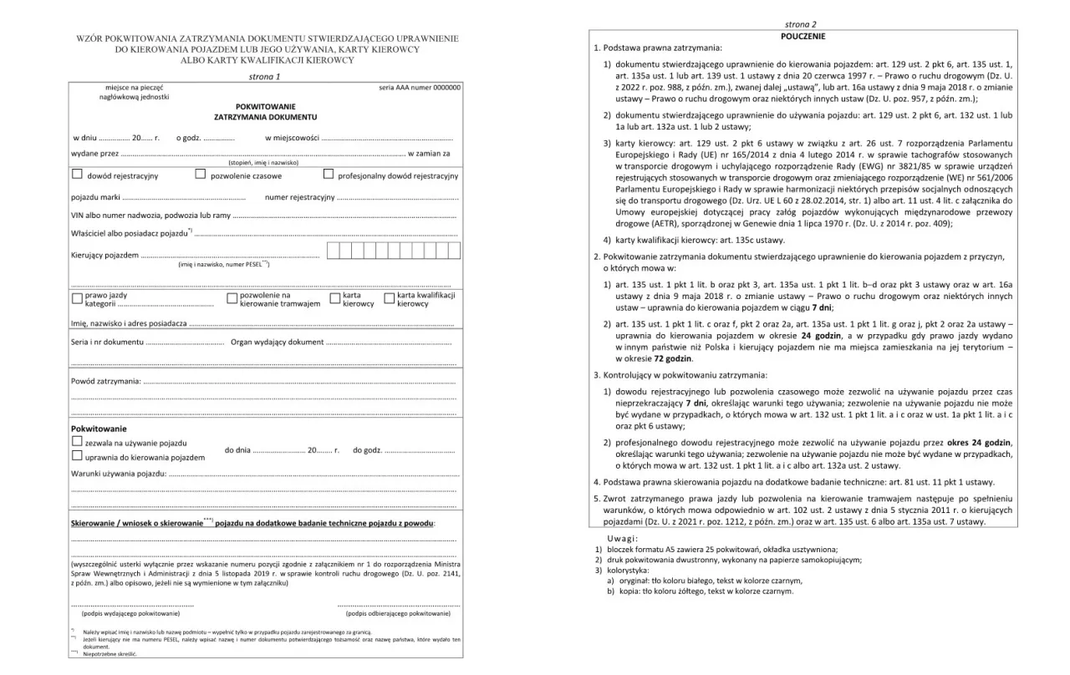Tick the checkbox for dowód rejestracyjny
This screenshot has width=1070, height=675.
point(77,175)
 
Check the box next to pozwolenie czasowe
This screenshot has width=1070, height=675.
point(201,175)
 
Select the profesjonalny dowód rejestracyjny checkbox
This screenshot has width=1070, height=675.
point(329,175)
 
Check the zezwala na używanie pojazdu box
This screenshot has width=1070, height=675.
point(77,441)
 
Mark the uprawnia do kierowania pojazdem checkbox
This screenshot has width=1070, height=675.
point(77,456)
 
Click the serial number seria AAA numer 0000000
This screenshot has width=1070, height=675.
point(419,87)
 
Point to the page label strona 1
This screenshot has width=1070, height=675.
point(265,76)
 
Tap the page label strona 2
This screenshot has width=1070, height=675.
point(801,24)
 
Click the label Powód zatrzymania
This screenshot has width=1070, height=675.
point(105,382)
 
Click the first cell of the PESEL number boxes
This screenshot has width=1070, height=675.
point(333,251)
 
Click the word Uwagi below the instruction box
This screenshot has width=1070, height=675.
point(622,538)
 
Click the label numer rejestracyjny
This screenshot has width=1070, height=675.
point(299,198)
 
